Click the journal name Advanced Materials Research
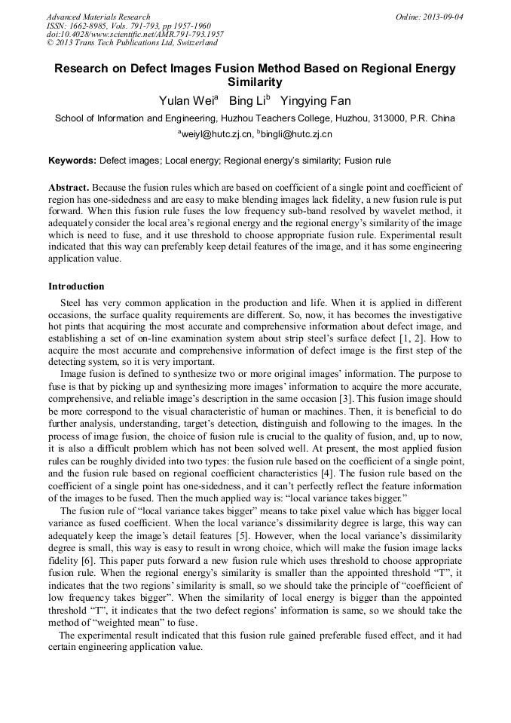[98, 17]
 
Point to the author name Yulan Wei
[186, 101]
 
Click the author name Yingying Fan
[315, 101]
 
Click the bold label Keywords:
[72, 161]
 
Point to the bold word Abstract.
[69, 187]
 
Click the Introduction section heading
[76, 286]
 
